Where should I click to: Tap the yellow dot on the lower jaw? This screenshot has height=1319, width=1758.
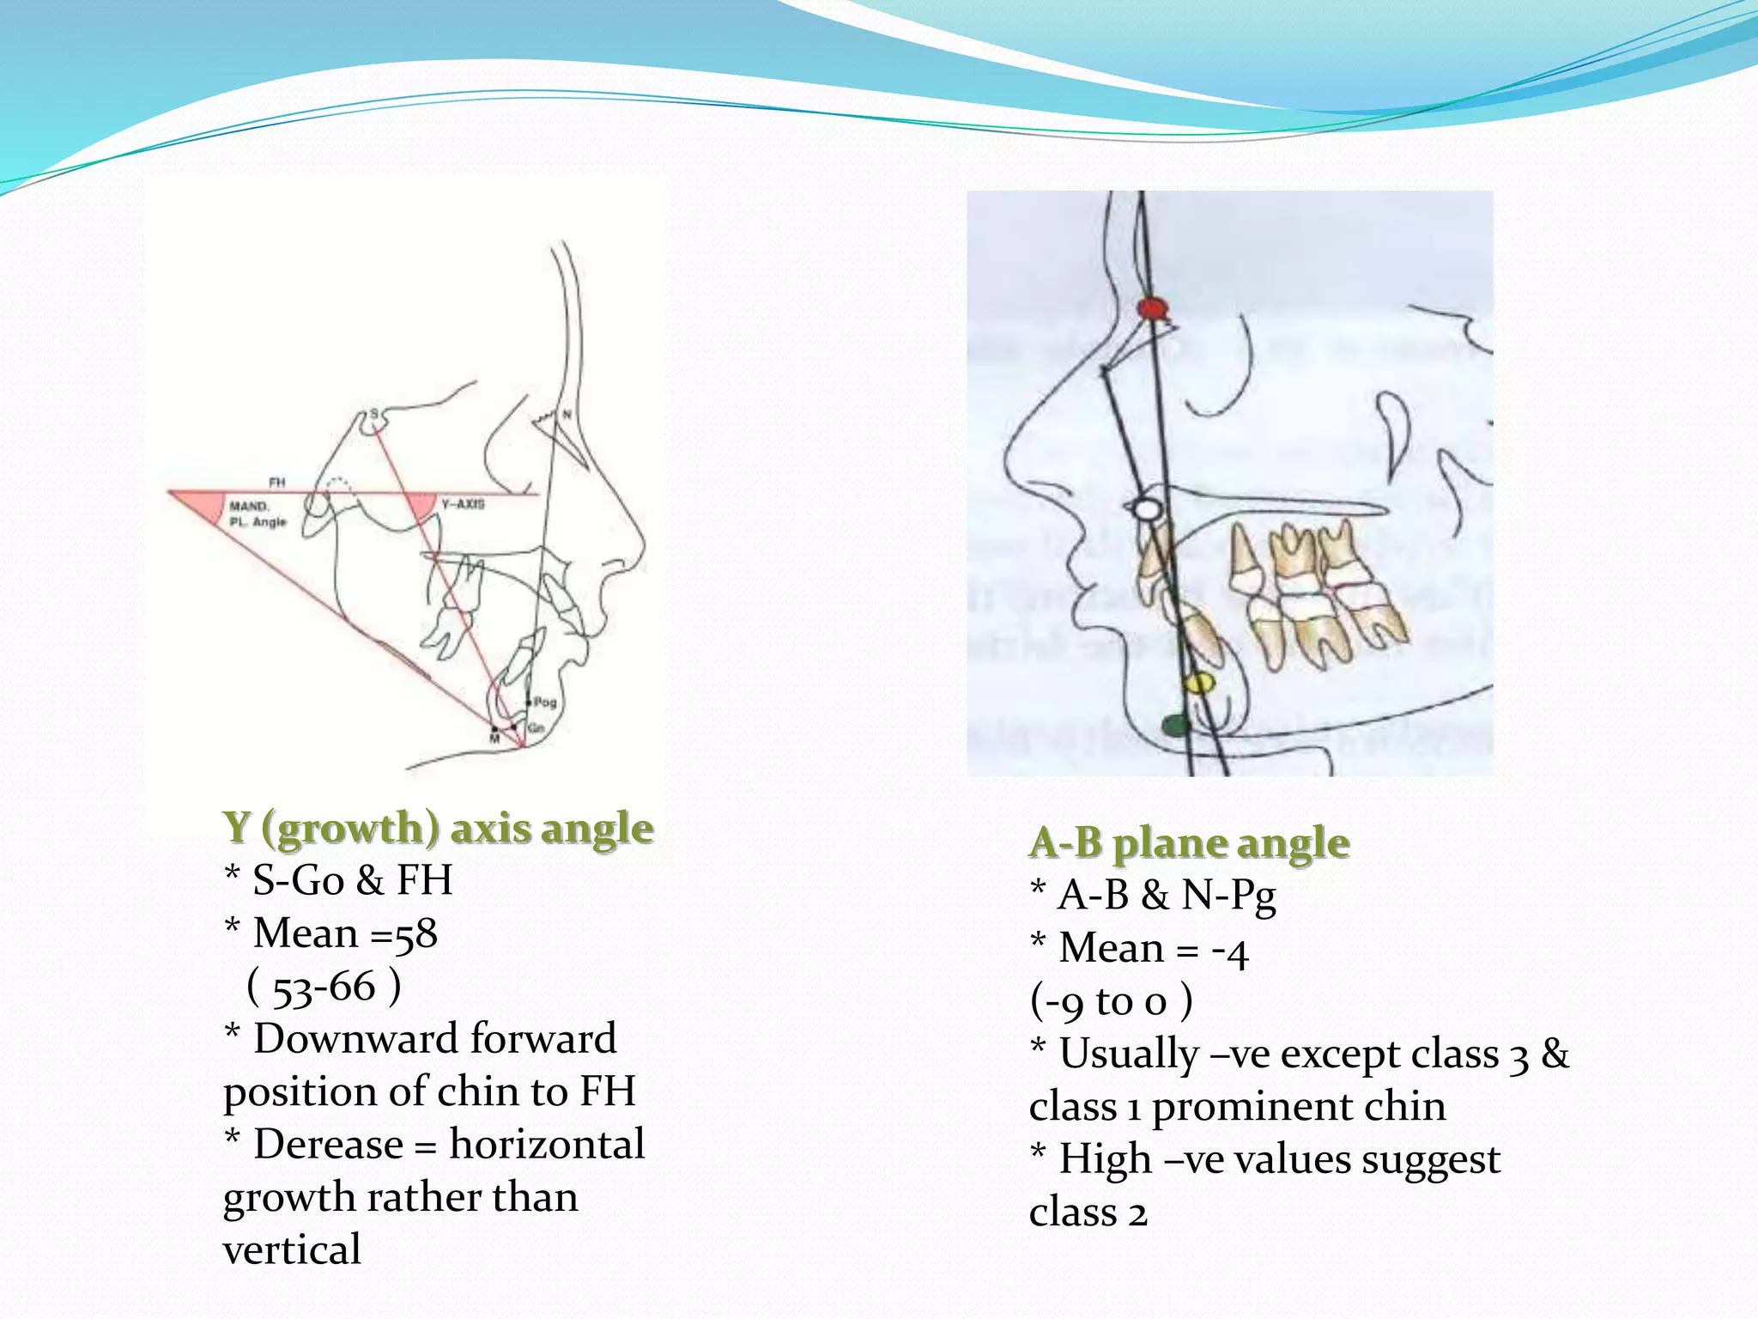pyautogui.click(x=1198, y=684)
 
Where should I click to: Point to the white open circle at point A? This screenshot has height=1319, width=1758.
pyautogui.click(x=1145, y=509)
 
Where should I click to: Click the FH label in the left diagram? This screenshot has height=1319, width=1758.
pyautogui.click(x=276, y=483)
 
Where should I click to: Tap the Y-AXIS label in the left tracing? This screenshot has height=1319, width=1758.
pyautogui.click(x=463, y=504)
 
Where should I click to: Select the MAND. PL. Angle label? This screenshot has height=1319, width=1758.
pyautogui.click(x=257, y=514)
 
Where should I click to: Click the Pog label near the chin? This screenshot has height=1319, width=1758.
pyautogui.click(x=545, y=702)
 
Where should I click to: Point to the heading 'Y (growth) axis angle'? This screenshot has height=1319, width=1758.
pyautogui.click(x=438, y=828)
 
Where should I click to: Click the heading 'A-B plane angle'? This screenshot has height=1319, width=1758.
pyautogui.click(x=1189, y=842)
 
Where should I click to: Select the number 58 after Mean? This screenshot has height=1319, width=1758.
pyautogui.click(x=415, y=933)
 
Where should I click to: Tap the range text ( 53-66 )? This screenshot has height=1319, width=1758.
pyautogui.click(x=324, y=987)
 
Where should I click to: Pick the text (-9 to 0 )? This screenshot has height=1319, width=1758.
pyautogui.click(x=1111, y=1001)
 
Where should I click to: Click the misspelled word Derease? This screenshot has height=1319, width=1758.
pyautogui.click(x=328, y=1145)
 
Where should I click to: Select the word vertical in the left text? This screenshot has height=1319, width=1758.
pyautogui.click(x=292, y=1250)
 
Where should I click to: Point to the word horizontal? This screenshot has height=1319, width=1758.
pyautogui.click(x=547, y=1145)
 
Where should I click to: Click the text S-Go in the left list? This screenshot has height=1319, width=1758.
pyautogui.click(x=298, y=880)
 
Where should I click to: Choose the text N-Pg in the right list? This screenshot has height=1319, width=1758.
pyautogui.click(x=1228, y=896)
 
